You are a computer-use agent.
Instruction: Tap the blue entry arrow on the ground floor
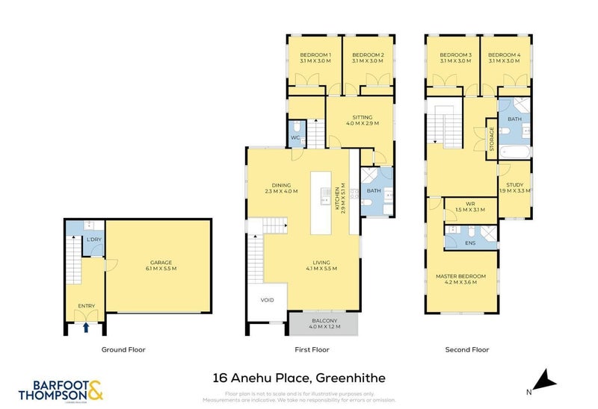pos(86,326)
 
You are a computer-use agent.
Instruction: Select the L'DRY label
pos(93,240)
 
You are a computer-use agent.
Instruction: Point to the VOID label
pos(268,301)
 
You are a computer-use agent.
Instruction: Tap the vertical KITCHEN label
pos(339,194)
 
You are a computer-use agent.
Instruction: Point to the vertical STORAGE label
pos(492,140)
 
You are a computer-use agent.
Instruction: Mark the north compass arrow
pos(549,381)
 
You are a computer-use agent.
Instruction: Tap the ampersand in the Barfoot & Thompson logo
pos(96,389)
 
